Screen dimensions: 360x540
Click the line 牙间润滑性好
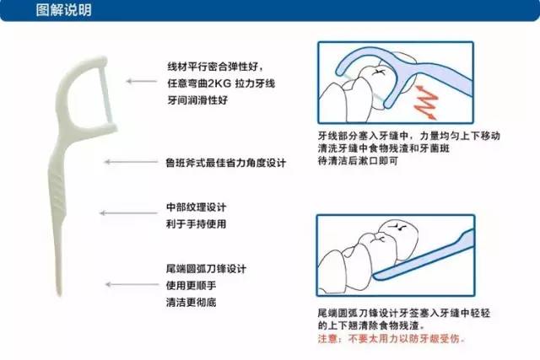tap(197, 99)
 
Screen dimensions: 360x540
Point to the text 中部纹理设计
tap(196, 207)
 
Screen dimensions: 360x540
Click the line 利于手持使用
tap(196, 223)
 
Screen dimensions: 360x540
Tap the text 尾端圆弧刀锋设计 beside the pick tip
tap(206, 269)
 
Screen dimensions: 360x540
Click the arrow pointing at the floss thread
tap(138, 82)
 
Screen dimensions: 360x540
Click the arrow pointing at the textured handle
tap(115, 213)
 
